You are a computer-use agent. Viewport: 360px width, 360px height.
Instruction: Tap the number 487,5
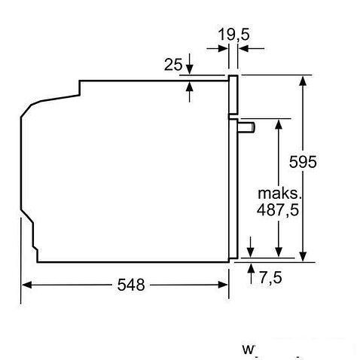click(279, 211)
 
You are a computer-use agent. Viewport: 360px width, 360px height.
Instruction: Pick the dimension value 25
click(173, 65)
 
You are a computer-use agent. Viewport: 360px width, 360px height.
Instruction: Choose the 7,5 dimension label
click(270, 277)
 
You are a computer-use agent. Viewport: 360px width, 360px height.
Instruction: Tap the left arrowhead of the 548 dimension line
click(25, 285)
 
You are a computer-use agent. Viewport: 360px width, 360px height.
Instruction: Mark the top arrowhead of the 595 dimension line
click(304, 79)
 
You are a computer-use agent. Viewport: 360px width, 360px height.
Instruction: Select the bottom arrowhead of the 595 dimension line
click(304, 257)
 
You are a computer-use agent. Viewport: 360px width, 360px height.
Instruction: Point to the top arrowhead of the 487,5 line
click(279, 123)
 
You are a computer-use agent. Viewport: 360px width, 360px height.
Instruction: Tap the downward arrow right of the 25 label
click(189, 68)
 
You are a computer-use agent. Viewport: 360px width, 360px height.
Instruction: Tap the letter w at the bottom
click(248, 349)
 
